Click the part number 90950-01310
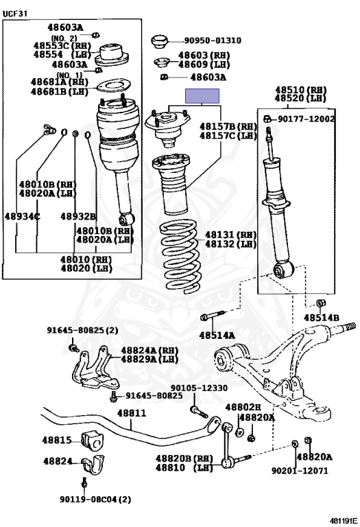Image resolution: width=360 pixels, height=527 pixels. click(x=213, y=40)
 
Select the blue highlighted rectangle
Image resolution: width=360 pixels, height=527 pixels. click(x=202, y=96)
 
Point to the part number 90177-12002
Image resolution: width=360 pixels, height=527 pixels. click(x=307, y=119)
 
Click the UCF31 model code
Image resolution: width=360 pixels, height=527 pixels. click(x=15, y=14)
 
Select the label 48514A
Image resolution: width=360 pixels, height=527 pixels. click(x=217, y=335)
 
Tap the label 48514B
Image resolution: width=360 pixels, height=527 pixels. click(x=322, y=318)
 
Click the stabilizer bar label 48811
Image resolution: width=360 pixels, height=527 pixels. click(x=132, y=412)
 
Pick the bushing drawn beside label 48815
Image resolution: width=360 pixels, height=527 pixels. click(x=93, y=441)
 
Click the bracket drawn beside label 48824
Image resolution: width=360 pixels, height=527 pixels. click(x=93, y=465)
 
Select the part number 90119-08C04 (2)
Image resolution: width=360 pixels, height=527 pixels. click(x=95, y=500)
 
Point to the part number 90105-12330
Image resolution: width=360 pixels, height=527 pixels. click(x=199, y=388)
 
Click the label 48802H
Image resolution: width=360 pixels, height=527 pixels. click(x=243, y=407)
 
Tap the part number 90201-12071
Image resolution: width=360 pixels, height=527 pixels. click(x=300, y=471)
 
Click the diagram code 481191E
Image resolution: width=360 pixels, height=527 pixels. click(x=344, y=521)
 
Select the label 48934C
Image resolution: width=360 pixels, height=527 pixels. click(x=23, y=216)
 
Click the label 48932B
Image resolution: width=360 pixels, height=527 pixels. click(x=78, y=216)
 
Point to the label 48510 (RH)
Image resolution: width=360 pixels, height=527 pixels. click(x=301, y=90)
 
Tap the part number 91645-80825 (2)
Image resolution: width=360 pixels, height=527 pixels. click(x=82, y=330)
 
